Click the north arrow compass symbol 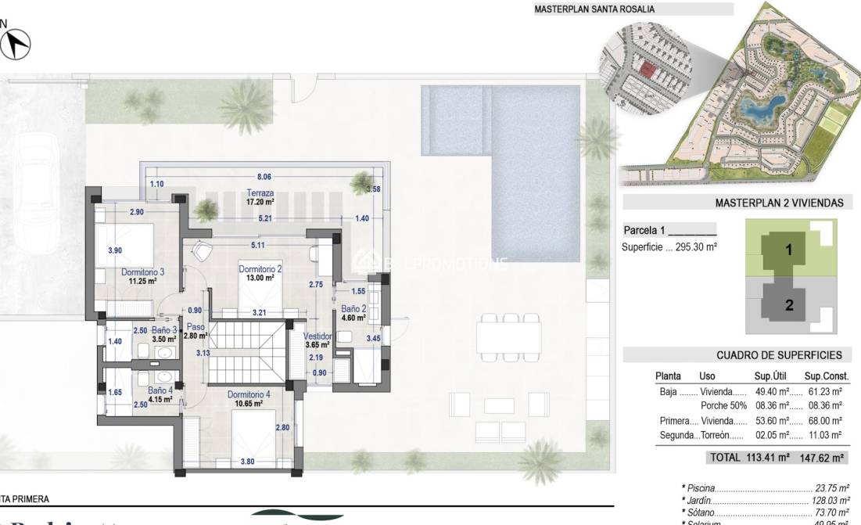(15, 45)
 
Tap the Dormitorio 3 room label (142, 271)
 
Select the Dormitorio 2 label (260, 269)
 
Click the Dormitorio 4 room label (249, 394)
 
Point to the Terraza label (260, 192)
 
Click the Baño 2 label (353, 308)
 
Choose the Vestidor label (318, 336)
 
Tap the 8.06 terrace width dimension (264, 178)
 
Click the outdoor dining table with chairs (509, 337)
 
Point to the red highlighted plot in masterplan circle (647, 70)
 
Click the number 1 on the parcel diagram (789, 250)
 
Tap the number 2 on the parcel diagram (789, 305)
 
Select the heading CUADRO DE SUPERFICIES (779, 354)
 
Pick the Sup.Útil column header (773, 376)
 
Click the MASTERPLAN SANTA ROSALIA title (594, 9)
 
